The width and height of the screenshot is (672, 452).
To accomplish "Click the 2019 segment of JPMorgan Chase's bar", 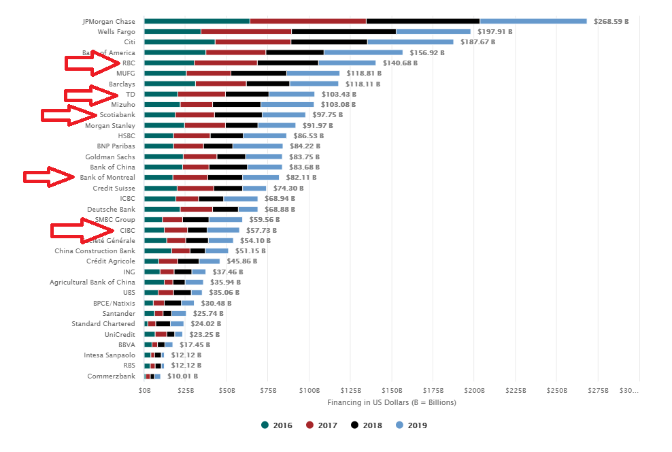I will (533, 21).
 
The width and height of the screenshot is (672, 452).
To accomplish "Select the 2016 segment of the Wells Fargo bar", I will (172, 31).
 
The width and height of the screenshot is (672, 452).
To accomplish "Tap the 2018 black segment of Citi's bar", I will (329, 42).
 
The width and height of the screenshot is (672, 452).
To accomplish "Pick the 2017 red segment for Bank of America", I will (235, 52).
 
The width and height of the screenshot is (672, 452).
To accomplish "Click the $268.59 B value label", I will (611, 21).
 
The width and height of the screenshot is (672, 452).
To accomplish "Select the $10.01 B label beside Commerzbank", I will (182, 376).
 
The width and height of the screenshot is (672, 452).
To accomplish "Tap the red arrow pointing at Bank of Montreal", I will (50, 178).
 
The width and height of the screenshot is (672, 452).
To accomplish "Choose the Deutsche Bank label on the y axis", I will (111, 209).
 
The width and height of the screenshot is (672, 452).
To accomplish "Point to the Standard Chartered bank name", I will (103, 323).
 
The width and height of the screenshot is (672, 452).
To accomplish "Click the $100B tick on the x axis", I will (309, 390).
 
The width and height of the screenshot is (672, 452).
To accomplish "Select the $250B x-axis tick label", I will (556, 390).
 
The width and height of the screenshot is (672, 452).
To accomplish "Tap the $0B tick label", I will (144, 390).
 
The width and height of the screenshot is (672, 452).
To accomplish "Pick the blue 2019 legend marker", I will (400, 425).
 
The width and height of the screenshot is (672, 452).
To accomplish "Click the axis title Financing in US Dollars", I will (391, 402).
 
